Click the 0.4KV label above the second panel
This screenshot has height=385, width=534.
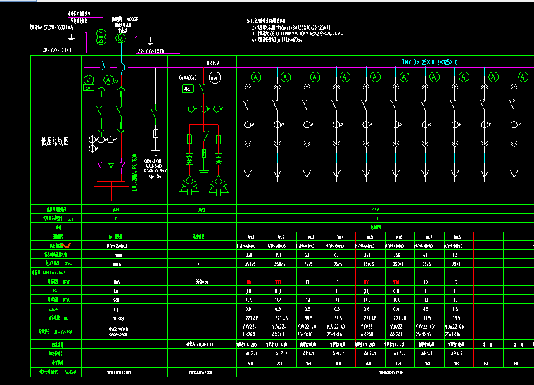[212, 63]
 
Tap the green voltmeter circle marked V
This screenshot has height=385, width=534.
[89, 79]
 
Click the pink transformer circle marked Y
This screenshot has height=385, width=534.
[101, 34]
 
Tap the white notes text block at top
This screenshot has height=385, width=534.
[295, 32]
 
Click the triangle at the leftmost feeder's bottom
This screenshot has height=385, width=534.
[248, 172]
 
